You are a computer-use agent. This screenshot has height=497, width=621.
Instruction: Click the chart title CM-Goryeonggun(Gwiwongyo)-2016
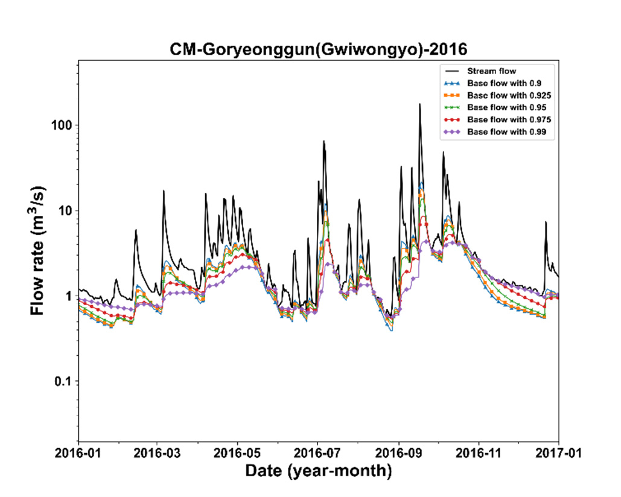click(x=319, y=49)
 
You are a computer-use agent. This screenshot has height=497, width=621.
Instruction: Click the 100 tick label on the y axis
click(x=62, y=125)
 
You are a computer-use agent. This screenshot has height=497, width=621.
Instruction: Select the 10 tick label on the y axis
click(x=65, y=211)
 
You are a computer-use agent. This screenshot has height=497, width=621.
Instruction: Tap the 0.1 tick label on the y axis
click(x=63, y=381)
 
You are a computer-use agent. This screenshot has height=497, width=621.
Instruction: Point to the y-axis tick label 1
click(x=69, y=296)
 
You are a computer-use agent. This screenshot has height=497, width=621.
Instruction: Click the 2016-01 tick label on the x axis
click(x=78, y=453)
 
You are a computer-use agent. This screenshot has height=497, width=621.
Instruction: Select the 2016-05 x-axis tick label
click(x=237, y=453)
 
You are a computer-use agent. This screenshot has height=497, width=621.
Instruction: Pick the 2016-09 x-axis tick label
click(x=398, y=453)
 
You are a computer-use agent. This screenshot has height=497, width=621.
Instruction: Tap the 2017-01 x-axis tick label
click(x=558, y=453)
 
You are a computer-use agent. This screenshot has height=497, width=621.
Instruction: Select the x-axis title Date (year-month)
click(x=319, y=471)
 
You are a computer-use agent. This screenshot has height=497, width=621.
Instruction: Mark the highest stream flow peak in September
click(x=420, y=104)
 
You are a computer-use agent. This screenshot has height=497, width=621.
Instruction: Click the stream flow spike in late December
click(x=546, y=222)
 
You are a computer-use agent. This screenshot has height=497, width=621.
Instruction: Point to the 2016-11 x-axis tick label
click(x=479, y=453)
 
